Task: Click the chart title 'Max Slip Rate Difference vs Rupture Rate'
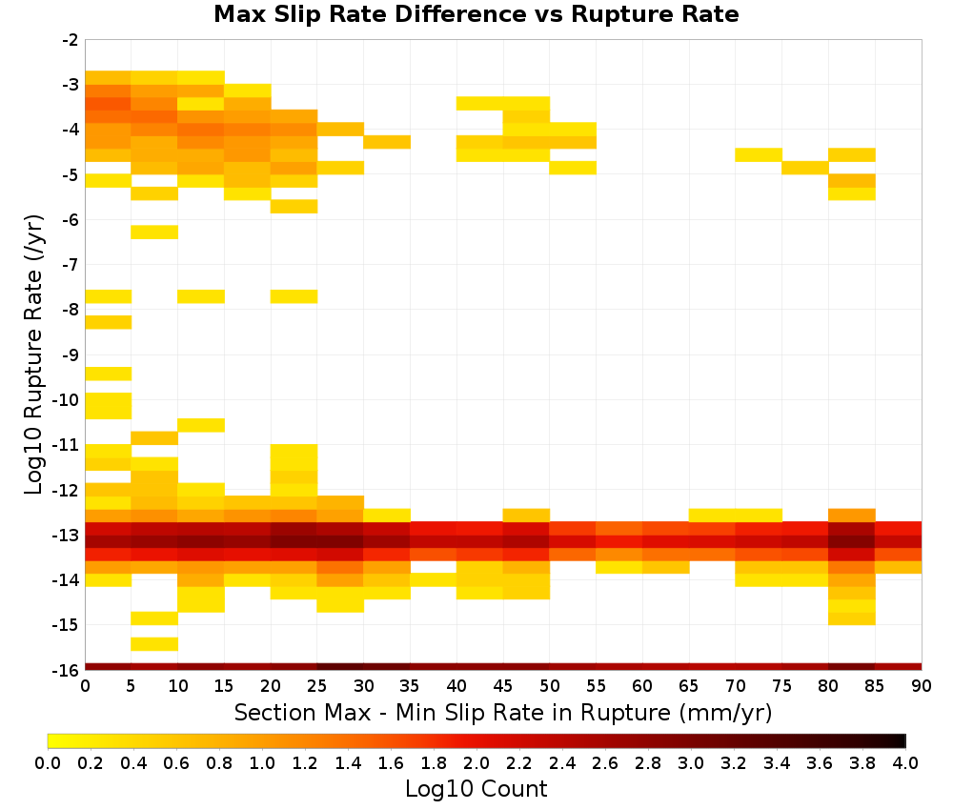pos(476,14)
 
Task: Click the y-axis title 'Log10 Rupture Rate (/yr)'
pos(33,354)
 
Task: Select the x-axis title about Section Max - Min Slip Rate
pos(503,712)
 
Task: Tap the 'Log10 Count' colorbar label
pos(476,789)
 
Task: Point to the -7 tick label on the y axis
pos(71,265)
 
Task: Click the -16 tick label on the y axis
pos(67,670)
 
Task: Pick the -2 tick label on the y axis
pos(71,40)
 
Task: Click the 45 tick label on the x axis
pos(503,686)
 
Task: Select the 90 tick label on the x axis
pos(922,686)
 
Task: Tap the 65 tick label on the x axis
pos(689,686)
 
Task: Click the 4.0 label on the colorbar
pos(905,762)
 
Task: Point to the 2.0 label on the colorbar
pos(476,762)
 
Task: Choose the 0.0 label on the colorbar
pos(48,762)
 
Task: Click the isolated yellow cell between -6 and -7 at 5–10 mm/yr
pos(154,233)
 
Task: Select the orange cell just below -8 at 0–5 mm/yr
pos(109,322)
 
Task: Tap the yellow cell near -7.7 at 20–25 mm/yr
pos(294,296)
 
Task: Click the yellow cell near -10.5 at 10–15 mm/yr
pos(201,425)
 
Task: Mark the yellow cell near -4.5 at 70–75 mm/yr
pos(759,155)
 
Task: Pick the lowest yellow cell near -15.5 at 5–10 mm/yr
pos(154,644)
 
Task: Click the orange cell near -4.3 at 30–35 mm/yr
pos(387,142)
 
